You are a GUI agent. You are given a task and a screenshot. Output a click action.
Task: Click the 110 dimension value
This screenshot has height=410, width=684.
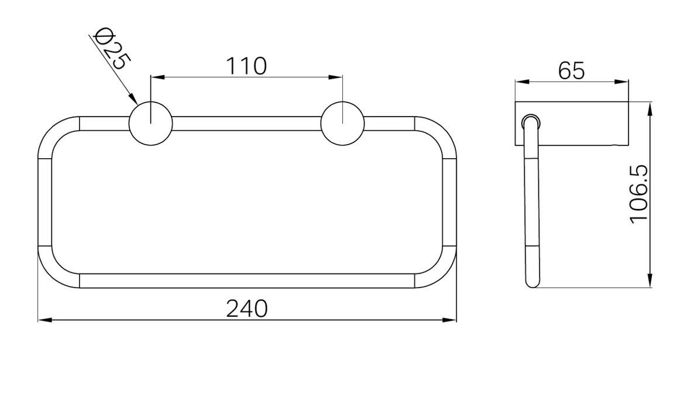[x=246, y=66]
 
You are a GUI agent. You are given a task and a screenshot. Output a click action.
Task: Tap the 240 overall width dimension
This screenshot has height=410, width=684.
[x=247, y=309]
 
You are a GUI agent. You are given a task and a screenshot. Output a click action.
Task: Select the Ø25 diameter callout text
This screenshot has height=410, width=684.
[x=112, y=49]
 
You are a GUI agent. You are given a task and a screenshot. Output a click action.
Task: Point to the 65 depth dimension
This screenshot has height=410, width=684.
[x=572, y=71]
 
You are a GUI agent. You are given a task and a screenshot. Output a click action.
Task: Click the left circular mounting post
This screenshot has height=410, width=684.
[x=150, y=124]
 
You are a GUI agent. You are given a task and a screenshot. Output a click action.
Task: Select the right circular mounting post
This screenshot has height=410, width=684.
[x=342, y=124]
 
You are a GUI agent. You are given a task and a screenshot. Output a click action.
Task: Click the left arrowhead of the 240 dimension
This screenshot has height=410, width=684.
[x=46, y=320]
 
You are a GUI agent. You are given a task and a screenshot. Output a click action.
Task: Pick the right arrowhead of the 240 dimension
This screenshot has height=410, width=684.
[x=449, y=320]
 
